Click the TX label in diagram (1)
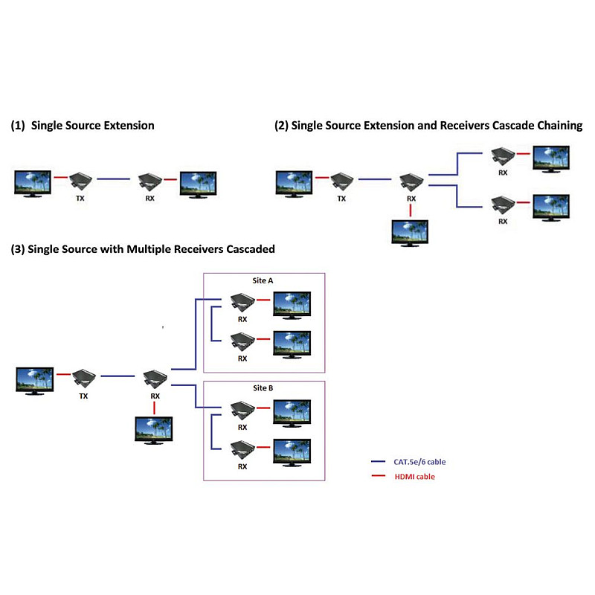[x=80, y=198]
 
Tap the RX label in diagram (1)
[x=150, y=198]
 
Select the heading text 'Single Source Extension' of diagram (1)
[x=92, y=126]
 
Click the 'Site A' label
[x=263, y=280]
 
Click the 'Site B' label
[x=263, y=387]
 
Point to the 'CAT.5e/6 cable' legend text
[x=419, y=462]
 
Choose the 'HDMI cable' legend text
[x=415, y=477]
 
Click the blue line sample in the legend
[x=378, y=461]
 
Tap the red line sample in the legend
[x=378, y=476]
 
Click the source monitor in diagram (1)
[x=33, y=184]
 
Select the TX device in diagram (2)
[x=342, y=181]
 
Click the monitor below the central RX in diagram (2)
[x=410, y=233]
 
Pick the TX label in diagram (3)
[x=83, y=396]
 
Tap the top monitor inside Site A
[x=292, y=305]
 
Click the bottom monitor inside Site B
[x=292, y=452]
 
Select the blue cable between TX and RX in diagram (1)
[x=114, y=178]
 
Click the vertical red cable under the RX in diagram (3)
[x=154, y=408]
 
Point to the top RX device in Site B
[x=243, y=411]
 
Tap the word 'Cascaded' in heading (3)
[x=251, y=249]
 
